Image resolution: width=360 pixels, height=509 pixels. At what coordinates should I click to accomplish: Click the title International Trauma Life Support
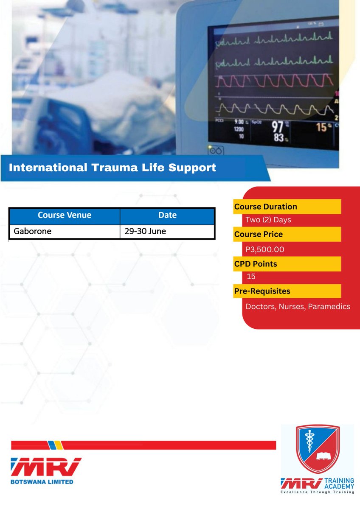click(112, 168)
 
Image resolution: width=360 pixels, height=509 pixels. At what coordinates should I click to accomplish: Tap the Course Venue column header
click(65, 215)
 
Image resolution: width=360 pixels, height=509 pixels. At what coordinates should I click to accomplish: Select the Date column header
click(167, 215)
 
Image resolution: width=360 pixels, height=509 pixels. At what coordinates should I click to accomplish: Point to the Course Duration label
click(266, 207)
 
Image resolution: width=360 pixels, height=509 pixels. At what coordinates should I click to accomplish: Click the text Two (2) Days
click(268, 220)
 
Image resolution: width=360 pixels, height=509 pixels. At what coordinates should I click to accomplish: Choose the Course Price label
click(259, 234)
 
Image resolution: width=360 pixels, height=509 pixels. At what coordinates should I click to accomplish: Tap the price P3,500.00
click(265, 249)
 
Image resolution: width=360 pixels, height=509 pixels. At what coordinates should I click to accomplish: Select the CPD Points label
click(256, 264)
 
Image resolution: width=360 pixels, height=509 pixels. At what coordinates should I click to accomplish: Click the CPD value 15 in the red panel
click(251, 277)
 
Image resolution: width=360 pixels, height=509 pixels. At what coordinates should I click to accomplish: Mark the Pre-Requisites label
click(262, 291)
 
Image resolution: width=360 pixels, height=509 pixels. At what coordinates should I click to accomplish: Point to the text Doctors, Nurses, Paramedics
click(298, 306)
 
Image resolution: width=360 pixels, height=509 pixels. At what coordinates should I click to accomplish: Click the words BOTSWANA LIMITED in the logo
click(42, 482)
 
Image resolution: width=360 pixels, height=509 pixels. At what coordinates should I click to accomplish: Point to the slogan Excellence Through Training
click(317, 492)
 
